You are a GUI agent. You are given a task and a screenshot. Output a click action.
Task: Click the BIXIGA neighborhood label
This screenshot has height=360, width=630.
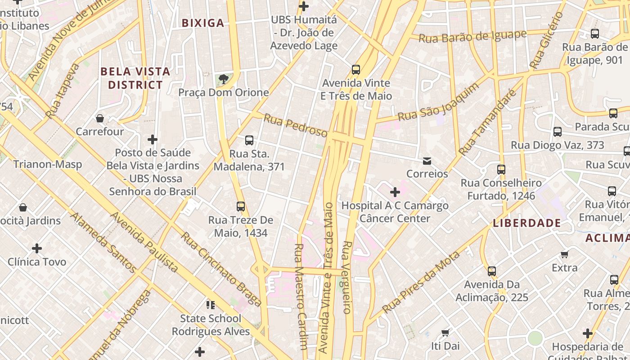click(x=202, y=23)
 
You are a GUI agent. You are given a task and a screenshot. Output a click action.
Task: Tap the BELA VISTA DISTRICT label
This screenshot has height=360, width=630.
click(x=135, y=78)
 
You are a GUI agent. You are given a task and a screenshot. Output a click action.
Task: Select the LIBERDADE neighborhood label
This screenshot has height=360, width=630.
click(x=527, y=223)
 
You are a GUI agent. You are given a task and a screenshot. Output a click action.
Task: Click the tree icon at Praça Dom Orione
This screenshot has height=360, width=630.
click(x=223, y=80)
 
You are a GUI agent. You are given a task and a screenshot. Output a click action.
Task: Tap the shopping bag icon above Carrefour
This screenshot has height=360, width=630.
click(x=100, y=118)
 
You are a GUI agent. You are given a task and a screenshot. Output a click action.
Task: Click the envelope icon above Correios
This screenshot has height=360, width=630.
click(x=427, y=161)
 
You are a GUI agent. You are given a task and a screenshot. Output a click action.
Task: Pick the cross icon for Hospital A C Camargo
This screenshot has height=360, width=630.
click(x=395, y=193)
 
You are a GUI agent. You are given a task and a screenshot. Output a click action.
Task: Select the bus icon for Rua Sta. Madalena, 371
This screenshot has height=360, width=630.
click(x=249, y=140)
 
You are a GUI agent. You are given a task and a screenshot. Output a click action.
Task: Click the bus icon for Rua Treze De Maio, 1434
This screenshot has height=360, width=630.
click(x=241, y=207)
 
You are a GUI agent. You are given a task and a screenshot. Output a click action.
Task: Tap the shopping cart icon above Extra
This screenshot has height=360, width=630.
click(x=565, y=255)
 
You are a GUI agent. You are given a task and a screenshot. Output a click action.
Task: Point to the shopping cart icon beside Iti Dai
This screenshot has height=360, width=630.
click(x=445, y=333)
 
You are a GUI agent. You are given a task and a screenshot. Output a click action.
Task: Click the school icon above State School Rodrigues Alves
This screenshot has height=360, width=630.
click(x=210, y=306)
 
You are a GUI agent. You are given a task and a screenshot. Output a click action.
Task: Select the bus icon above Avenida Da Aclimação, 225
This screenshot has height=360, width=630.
click(x=491, y=271)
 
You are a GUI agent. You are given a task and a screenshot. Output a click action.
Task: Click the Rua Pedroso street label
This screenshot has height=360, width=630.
click(x=296, y=126)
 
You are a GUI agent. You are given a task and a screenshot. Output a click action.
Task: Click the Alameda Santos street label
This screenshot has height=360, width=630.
click(x=103, y=243)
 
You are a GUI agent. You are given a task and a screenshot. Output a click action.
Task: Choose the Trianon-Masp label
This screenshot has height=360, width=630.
click(x=48, y=164)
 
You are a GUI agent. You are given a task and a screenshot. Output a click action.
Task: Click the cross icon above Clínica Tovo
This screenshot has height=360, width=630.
click(x=37, y=248)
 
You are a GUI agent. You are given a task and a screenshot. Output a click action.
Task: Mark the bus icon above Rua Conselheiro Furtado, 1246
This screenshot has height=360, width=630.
click(x=501, y=170)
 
